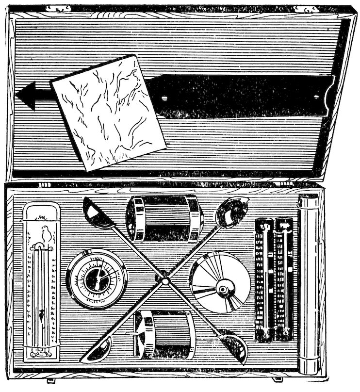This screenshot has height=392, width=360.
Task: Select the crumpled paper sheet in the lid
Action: coord(108,113)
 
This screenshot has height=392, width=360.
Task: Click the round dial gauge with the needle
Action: coord(97,279)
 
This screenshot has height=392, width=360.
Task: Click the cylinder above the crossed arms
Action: coord(165,218)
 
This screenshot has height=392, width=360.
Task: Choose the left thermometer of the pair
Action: coord(265,279)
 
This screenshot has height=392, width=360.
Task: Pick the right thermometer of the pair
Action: coord(284,279)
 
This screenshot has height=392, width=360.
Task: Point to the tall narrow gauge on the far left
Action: coord(42,281)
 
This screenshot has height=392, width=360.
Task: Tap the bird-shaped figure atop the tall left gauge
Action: coord(46,234)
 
